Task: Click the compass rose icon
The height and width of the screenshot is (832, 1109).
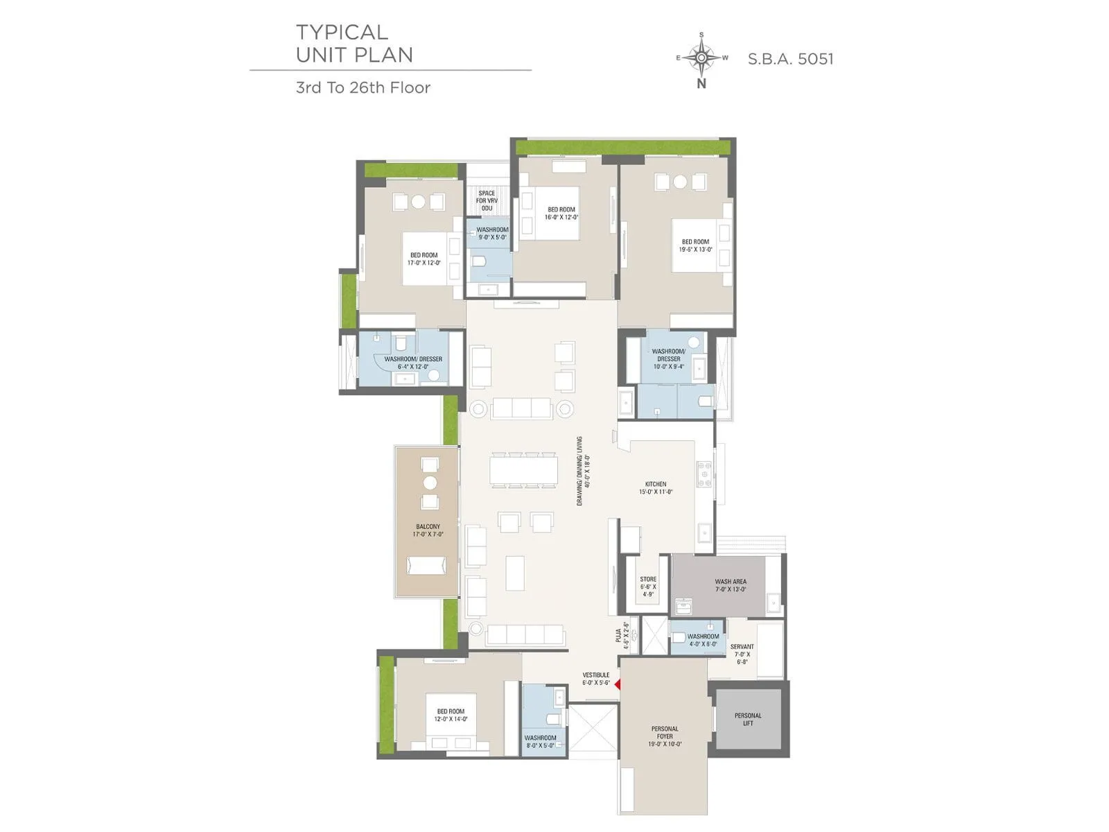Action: (702, 58)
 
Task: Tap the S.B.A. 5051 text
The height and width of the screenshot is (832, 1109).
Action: (790, 59)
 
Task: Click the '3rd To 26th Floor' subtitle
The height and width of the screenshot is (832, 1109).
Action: (363, 87)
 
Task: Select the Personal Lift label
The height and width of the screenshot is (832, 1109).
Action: (748, 719)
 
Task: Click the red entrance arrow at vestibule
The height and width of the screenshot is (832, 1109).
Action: (618, 684)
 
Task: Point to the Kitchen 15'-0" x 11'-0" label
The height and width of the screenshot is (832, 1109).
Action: (656, 488)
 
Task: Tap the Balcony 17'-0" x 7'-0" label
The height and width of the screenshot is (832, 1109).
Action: (428, 530)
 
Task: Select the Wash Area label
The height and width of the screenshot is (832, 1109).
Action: (731, 585)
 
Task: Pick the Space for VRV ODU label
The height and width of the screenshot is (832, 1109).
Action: (487, 200)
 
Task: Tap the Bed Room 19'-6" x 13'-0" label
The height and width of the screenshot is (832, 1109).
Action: (695, 245)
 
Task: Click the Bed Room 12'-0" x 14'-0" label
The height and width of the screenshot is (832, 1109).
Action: (451, 715)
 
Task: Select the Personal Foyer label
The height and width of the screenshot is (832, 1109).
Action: (665, 736)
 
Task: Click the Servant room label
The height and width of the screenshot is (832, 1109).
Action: (742, 654)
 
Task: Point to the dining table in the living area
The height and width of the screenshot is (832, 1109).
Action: (523, 471)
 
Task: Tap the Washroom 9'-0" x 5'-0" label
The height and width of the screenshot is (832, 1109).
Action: (492, 233)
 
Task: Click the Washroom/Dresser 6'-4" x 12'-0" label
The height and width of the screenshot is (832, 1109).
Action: (413, 363)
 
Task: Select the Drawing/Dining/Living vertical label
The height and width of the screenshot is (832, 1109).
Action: (584, 471)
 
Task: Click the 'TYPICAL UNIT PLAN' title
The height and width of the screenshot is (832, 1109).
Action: (354, 44)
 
